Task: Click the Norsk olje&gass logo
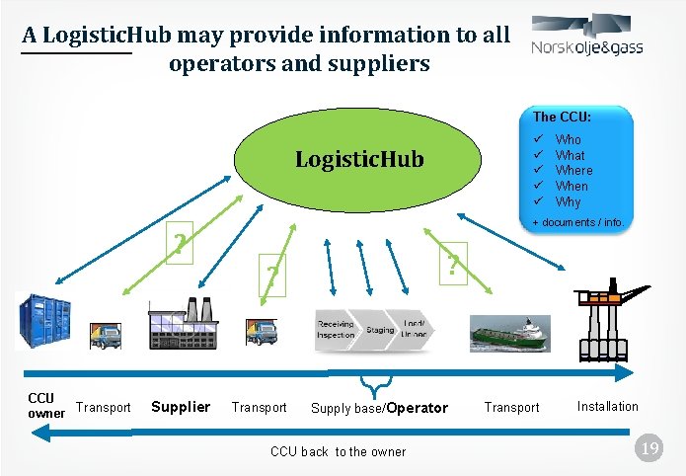(586, 38)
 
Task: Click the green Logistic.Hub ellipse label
(359, 159)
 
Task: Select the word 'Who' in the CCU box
(569, 140)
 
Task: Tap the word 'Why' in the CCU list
(569, 201)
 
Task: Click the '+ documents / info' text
(577, 223)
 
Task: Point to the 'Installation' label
(607, 406)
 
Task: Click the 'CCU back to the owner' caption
(338, 451)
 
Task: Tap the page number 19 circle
(649, 450)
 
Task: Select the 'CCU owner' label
(44, 406)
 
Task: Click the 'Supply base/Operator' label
(379, 408)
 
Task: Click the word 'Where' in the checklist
(573, 171)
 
